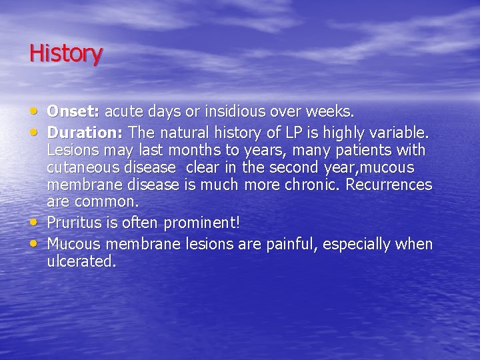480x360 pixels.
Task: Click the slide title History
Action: point(66,53)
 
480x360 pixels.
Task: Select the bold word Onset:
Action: point(74,109)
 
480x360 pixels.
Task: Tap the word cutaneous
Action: point(81,167)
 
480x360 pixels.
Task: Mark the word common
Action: point(106,201)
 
